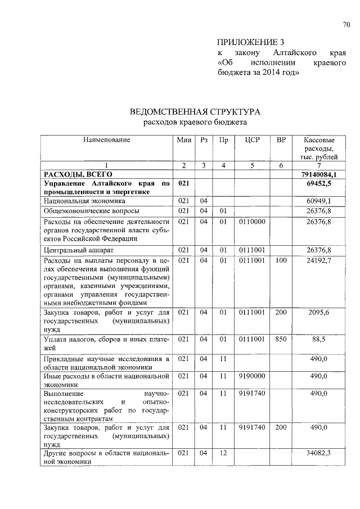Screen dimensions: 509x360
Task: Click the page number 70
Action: click(346, 24)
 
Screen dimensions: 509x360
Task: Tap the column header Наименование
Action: click(107, 139)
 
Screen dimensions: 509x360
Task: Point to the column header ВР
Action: click(281, 139)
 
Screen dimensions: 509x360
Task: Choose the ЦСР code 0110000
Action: click(252, 222)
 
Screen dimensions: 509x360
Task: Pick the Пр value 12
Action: click(223, 452)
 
